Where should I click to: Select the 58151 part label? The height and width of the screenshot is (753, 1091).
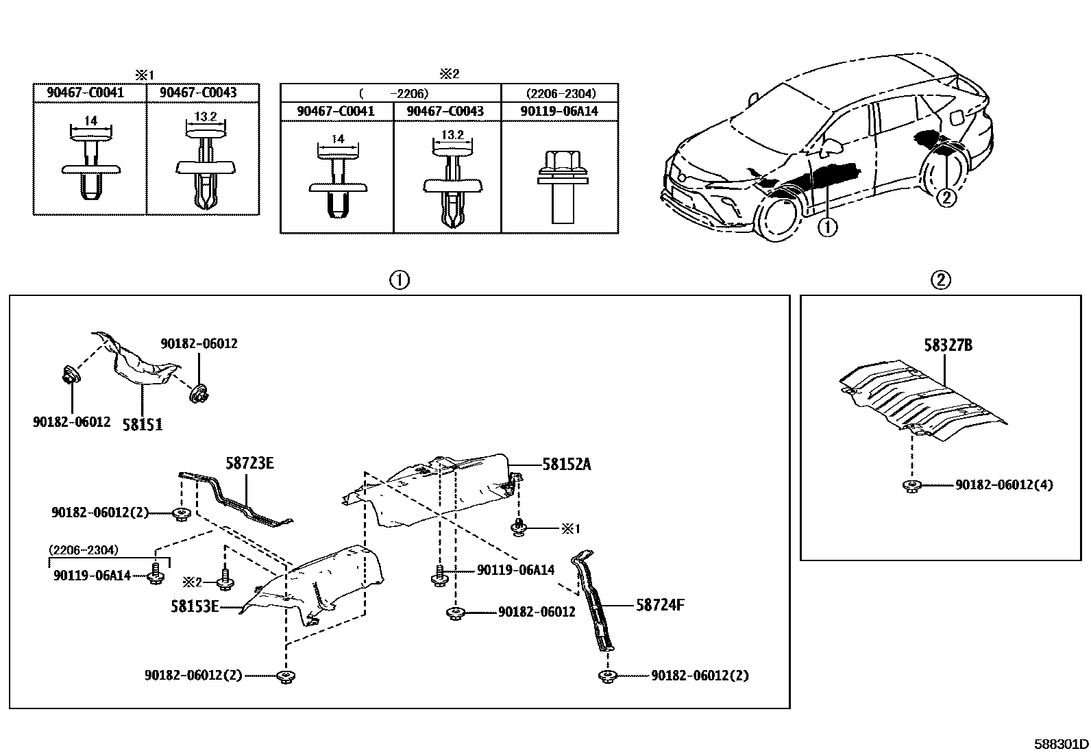[x=143, y=425]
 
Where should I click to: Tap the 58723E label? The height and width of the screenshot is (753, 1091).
[x=249, y=463]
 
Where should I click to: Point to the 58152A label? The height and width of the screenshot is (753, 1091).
[x=566, y=464]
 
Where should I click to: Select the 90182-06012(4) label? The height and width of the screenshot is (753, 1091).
[x=1004, y=485]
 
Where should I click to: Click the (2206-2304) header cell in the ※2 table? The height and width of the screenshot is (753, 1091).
[x=560, y=93]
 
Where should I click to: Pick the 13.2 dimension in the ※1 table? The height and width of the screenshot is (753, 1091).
[x=205, y=117]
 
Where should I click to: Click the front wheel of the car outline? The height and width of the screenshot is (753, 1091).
[x=780, y=218]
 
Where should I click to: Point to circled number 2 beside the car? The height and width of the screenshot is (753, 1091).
[x=945, y=197]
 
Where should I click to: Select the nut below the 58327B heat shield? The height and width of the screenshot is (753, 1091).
[x=911, y=486]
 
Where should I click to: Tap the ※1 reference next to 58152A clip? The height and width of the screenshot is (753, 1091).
[x=570, y=528]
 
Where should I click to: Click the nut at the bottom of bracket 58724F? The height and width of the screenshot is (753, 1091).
[x=606, y=676]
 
